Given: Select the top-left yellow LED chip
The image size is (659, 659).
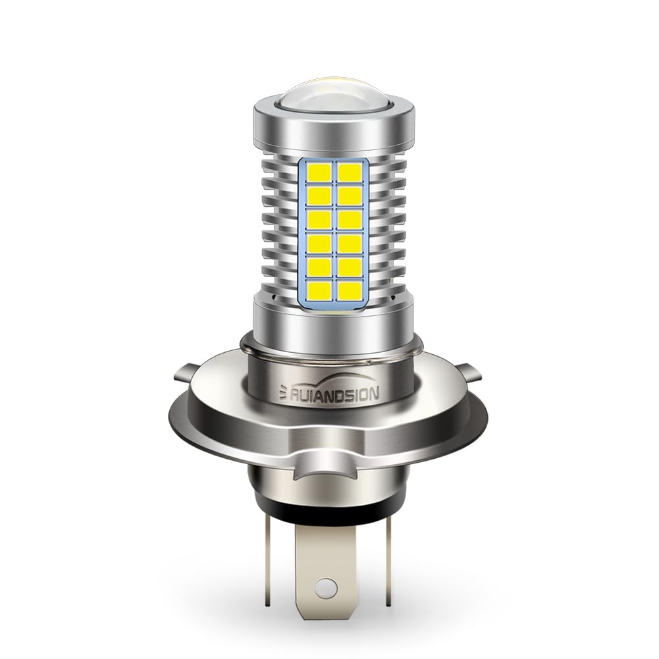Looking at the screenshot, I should pos(317,172).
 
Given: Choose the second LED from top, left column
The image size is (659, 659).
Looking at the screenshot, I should pos(317,195).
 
